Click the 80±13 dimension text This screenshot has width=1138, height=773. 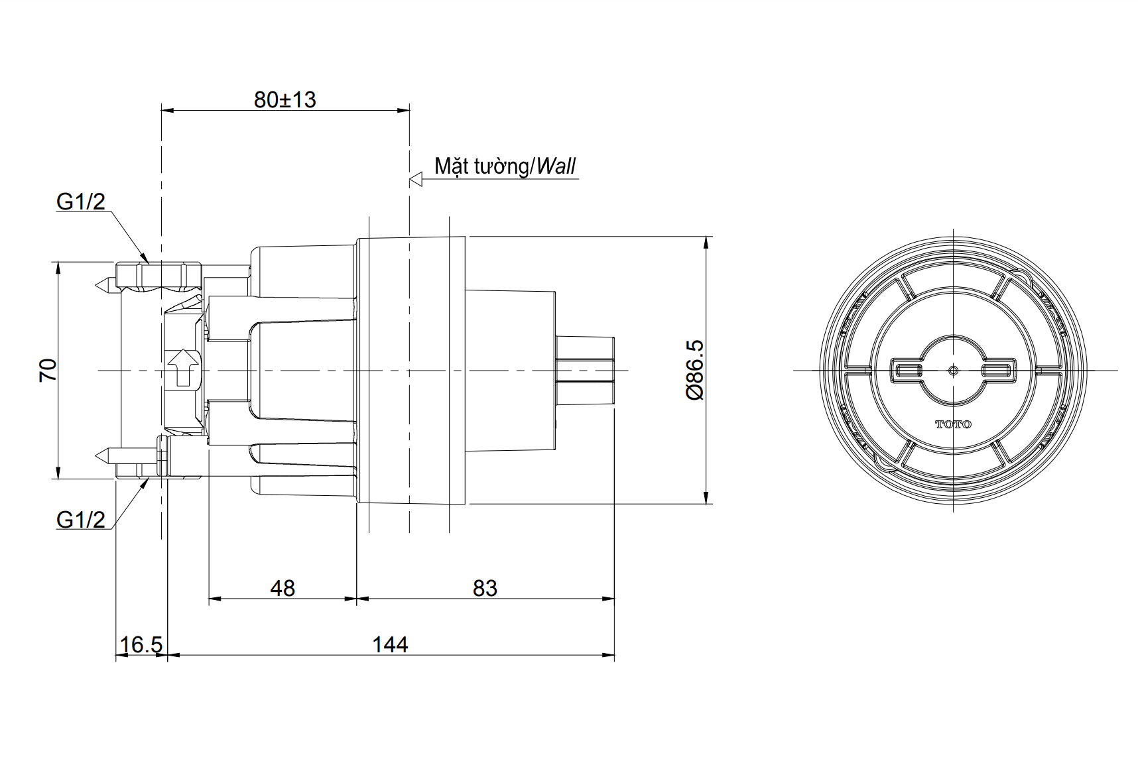284,100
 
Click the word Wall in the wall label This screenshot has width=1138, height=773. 556,166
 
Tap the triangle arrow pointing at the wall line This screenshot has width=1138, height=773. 416,179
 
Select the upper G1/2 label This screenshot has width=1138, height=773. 80,202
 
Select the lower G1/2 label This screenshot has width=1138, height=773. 80,519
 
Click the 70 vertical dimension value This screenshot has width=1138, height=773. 48,369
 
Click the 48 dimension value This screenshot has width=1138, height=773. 283,588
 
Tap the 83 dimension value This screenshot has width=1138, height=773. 485,588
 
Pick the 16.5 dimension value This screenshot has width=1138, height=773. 141,644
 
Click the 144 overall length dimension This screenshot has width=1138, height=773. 390,644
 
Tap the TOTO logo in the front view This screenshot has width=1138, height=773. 953,424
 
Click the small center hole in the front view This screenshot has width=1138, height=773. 953,370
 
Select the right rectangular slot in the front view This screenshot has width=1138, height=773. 998,370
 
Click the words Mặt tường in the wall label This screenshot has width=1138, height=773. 481,166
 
